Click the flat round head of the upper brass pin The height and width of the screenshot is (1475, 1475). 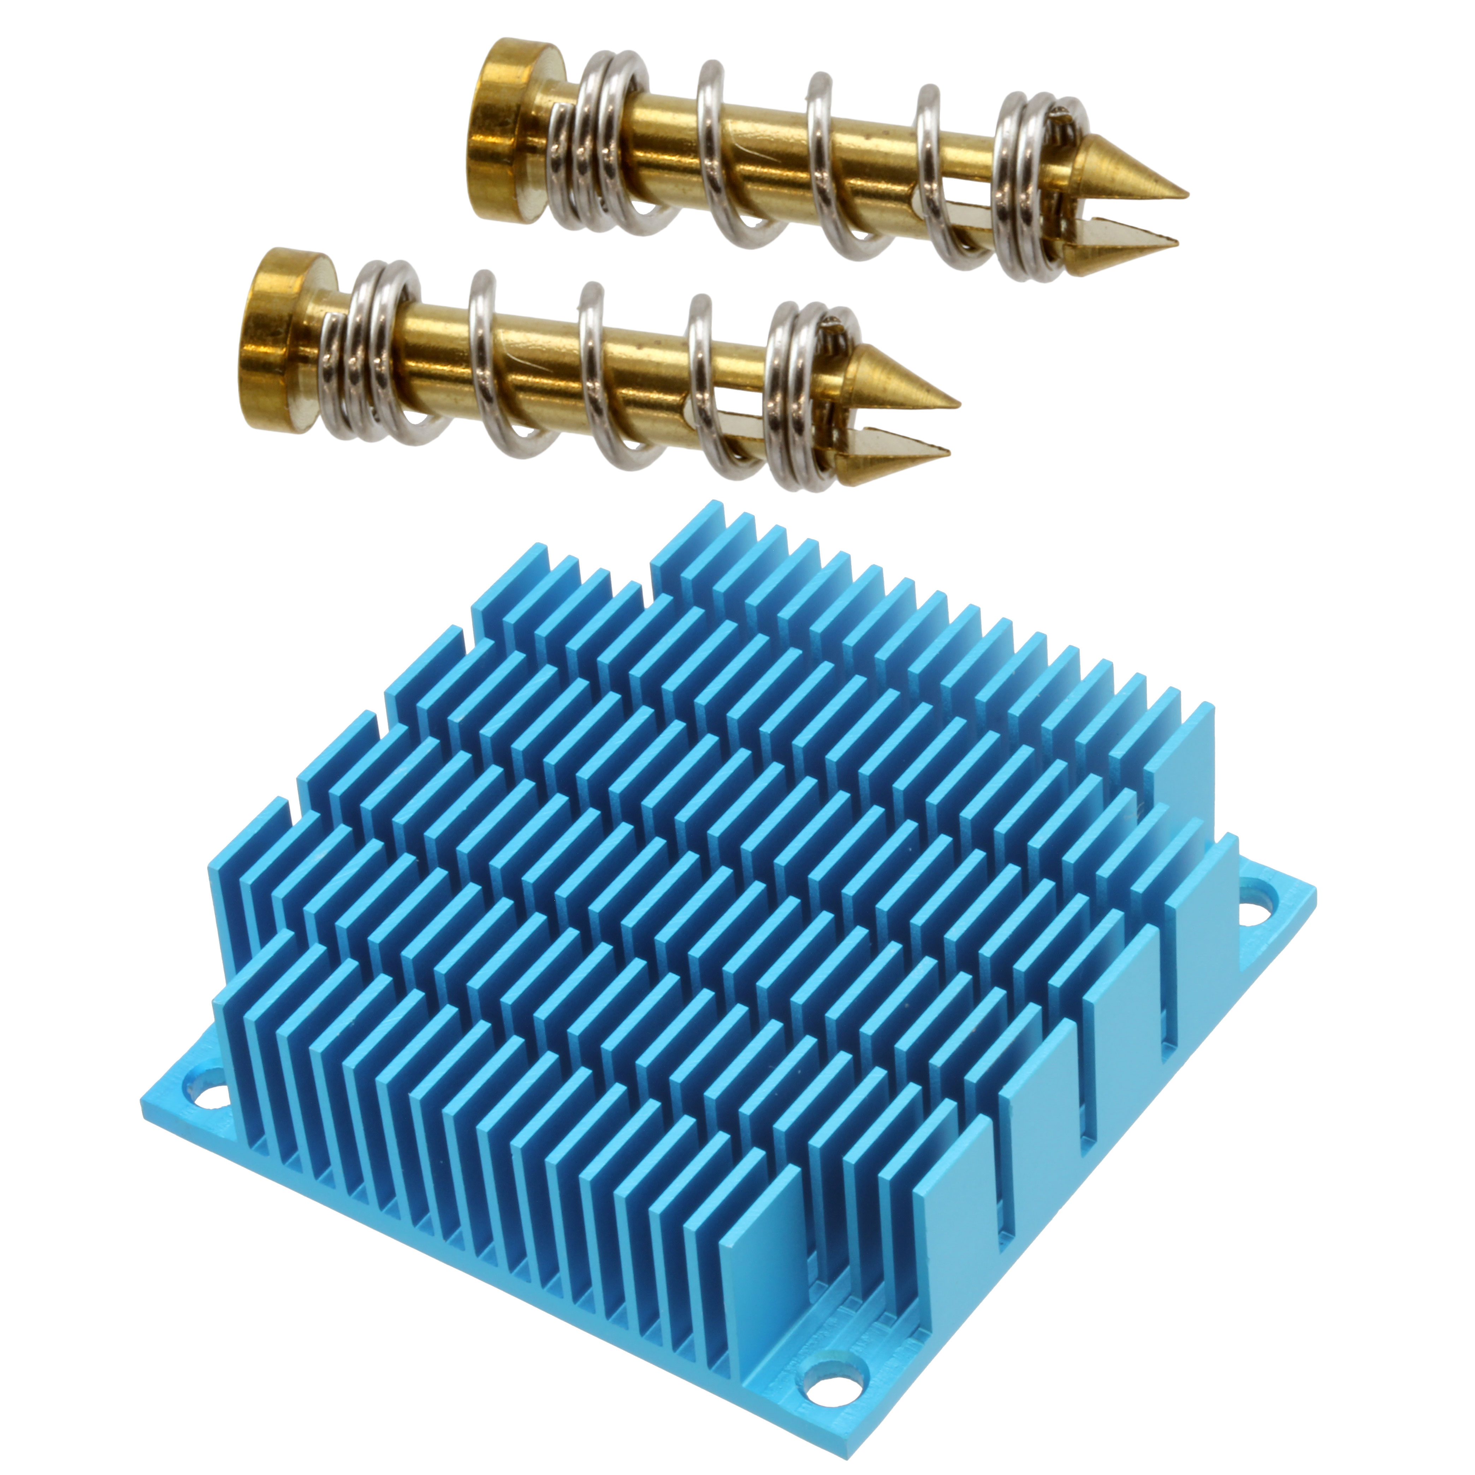click(500, 130)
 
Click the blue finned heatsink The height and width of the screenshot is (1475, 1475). click(725, 993)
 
